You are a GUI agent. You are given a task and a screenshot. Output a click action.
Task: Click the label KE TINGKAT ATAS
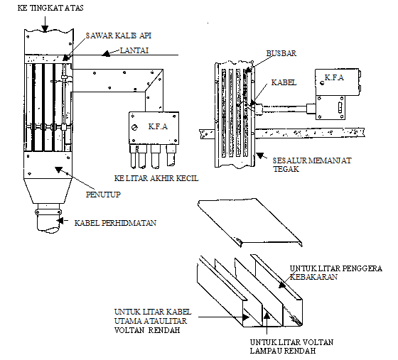(x=50, y=8)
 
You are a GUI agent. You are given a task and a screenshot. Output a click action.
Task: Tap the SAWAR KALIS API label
(x=119, y=36)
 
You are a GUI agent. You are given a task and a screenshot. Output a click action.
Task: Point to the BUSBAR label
(x=281, y=53)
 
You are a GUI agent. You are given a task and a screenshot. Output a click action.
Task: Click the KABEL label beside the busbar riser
(x=284, y=82)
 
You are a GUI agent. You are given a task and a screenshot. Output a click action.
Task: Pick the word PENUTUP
(x=103, y=195)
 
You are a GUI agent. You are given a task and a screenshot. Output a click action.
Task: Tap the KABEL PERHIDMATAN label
(x=115, y=223)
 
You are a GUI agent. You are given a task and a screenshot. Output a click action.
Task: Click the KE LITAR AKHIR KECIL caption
(x=156, y=178)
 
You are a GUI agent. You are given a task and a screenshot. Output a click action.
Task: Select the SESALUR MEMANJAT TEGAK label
(x=312, y=165)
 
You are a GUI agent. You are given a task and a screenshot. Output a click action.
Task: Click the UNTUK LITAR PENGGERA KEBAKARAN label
(x=336, y=273)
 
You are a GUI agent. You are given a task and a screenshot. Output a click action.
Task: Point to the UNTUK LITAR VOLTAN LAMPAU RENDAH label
(x=291, y=347)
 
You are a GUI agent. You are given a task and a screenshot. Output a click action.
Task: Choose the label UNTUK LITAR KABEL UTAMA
(x=153, y=316)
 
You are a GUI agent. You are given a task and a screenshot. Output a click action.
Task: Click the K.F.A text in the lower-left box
(x=158, y=126)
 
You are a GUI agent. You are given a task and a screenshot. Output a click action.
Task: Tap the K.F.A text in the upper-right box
(x=334, y=77)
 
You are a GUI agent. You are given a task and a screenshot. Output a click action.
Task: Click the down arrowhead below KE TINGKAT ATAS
(x=45, y=28)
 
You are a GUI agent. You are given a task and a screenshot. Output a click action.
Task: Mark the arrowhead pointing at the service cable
(x=60, y=221)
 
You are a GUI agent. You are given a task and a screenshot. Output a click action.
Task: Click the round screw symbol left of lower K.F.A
(x=135, y=127)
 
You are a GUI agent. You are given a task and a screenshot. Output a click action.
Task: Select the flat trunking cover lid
(x=250, y=222)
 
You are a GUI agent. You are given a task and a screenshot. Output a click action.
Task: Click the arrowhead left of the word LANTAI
(x=107, y=53)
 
